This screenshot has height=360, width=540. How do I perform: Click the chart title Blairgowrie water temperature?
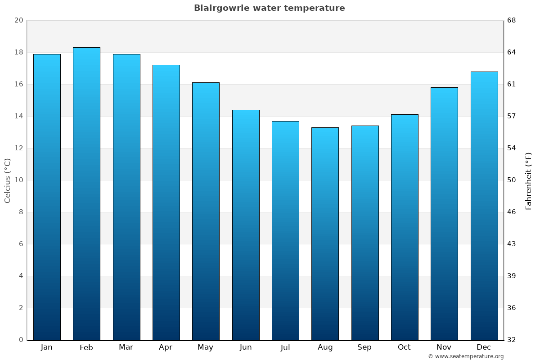(x=269, y=8)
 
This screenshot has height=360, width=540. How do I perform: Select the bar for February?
(x=86, y=193)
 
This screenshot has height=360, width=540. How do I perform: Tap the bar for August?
(x=325, y=234)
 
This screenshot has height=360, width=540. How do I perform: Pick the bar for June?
(x=246, y=225)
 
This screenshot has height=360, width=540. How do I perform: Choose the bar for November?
(x=444, y=213)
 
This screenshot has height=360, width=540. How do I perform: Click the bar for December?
(x=484, y=206)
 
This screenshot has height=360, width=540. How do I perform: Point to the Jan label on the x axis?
(x=46, y=347)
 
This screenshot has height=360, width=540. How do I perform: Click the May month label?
(x=206, y=347)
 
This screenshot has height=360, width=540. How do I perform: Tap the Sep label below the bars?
(x=364, y=347)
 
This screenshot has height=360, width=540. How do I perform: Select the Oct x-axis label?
(x=404, y=347)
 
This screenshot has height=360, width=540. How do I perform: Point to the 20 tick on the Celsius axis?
(x=18, y=21)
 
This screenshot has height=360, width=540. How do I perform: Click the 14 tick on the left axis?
(x=18, y=117)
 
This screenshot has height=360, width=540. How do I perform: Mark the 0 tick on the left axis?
(x=21, y=340)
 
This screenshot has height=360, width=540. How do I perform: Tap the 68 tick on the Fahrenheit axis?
(x=512, y=21)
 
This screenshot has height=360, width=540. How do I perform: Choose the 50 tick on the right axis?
(x=512, y=180)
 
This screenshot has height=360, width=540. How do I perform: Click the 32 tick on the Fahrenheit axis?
(x=512, y=340)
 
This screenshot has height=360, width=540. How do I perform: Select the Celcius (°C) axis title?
(x=8, y=180)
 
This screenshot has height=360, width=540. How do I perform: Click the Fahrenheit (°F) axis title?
(x=528, y=180)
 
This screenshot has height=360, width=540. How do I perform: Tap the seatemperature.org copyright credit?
(x=466, y=356)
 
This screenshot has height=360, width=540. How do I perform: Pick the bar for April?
(x=166, y=202)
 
